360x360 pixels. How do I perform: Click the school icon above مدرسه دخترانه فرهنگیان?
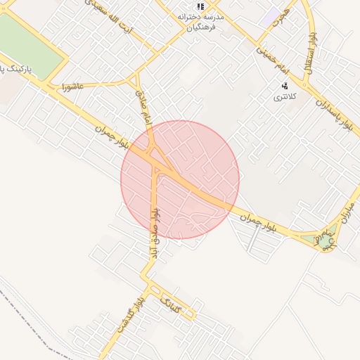click(200, 6)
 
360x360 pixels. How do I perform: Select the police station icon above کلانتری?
click(285, 86)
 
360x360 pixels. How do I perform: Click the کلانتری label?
click(285, 96)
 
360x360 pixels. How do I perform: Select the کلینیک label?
click(172, 304)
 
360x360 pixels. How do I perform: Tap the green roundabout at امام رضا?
click(324, 241)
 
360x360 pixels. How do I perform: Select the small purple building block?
click(270, 18)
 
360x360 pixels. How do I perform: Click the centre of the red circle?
click(180, 180)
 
